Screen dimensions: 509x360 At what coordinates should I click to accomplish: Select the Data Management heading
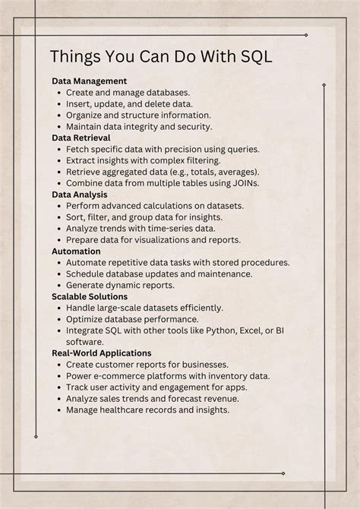[x=89, y=81]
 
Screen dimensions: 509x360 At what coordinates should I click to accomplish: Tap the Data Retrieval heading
[x=81, y=138]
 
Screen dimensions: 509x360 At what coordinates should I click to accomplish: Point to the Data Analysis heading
[x=79, y=194]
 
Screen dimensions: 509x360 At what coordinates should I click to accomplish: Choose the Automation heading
[x=76, y=251]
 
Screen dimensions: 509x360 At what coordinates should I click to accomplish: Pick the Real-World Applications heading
[x=101, y=353]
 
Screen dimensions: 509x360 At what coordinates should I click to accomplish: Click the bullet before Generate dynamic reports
[x=58, y=285]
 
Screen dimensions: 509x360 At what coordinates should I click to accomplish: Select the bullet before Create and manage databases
[x=58, y=92]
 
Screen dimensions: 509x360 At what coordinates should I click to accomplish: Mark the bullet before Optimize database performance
[x=58, y=319]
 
